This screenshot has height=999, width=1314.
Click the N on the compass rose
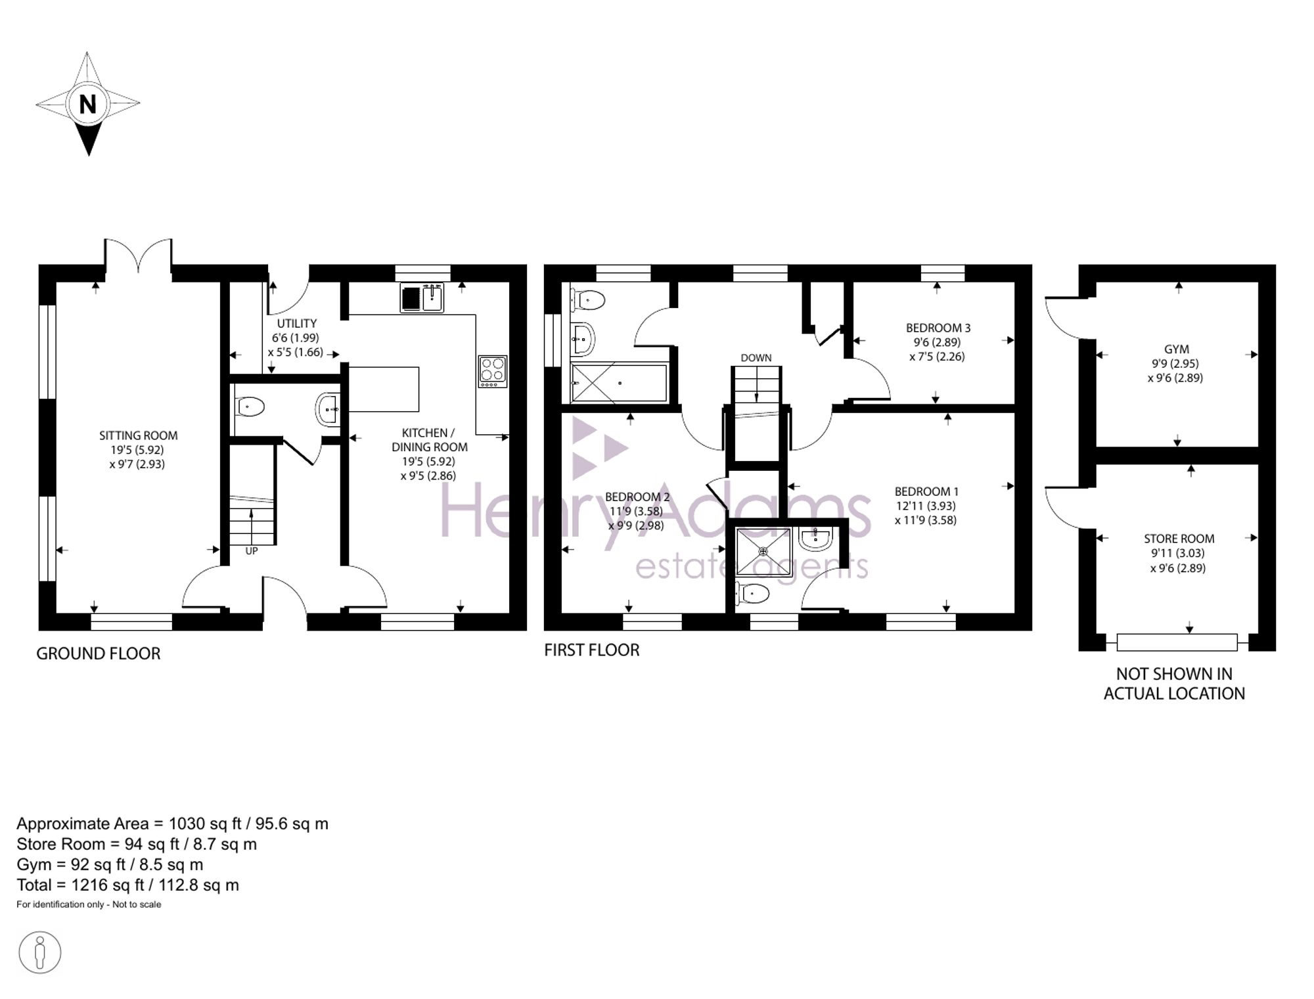coord(87,104)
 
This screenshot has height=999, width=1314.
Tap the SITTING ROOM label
coord(138,435)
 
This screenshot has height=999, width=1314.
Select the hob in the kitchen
coord(493,371)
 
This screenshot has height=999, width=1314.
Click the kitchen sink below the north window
coord(422,298)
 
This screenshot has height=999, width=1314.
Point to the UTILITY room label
coord(296,323)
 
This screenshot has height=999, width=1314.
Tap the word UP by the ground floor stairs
coord(252,551)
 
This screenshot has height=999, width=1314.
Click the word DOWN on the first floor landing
coord(756,358)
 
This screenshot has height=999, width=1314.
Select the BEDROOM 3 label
coord(938,328)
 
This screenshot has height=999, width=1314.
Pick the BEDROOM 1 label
coord(927,491)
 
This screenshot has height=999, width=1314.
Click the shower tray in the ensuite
coord(763,552)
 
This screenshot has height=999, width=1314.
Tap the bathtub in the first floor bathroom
coord(619,382)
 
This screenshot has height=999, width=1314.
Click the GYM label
coord(1176,349)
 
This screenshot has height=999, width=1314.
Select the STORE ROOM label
coord(1179,539)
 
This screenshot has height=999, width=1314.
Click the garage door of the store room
coord(1177,642)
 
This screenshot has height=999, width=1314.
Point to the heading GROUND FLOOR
coord(99,654)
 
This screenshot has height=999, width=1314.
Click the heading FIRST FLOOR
coord(591,650)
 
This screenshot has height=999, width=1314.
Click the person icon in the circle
coord(40,952)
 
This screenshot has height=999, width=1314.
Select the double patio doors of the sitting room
coord(138,255)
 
